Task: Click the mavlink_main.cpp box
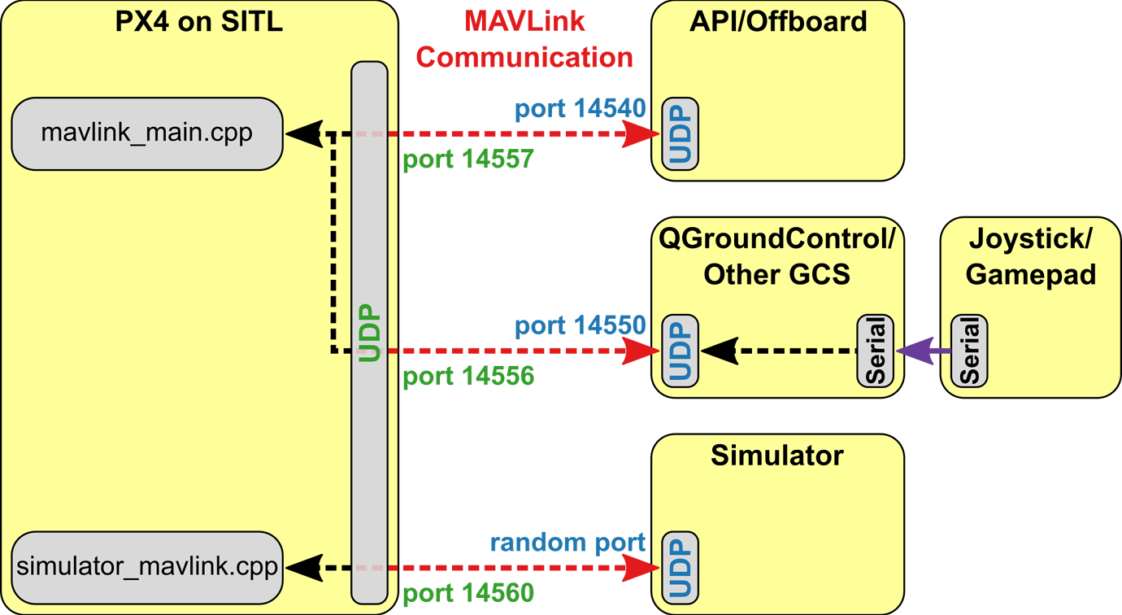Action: pos(146,133)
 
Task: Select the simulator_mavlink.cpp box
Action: pos(146,567)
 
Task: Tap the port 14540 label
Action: pos(580,108)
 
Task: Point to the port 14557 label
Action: pos(468,159)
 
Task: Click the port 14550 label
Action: pos(580,325)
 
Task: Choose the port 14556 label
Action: pos(468,377)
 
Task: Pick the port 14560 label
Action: pos(468,593)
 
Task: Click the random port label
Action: pos(568,542)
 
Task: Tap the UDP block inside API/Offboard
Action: pos(679,133)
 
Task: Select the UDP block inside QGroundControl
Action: pos(679,351)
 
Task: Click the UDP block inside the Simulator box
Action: pos(679,567)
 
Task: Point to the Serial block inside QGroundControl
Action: pos(875,351)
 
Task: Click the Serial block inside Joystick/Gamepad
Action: pos(969,351)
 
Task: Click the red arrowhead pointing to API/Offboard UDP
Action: pos(642,133)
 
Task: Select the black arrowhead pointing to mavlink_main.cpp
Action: pos(302,133)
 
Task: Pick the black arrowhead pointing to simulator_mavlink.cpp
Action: pos(302,567)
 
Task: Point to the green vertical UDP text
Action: pos(369,334)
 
